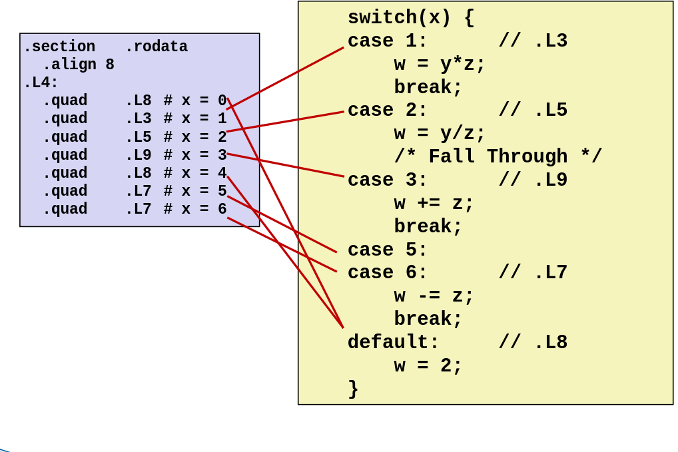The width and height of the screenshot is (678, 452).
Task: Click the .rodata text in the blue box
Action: tap(156, 47)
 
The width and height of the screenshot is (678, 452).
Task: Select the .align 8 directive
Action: tap(78, 65)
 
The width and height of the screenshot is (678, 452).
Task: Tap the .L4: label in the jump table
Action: tap(41, 83)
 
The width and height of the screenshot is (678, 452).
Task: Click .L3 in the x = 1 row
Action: tap(138, 119)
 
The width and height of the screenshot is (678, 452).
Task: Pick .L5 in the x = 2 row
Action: tap(138, 137)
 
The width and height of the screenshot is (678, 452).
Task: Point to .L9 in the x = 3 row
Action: tap(138, 155)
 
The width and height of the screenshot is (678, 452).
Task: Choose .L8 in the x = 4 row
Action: tap(138, 173)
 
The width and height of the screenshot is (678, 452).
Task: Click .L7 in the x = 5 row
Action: tap(138, 191)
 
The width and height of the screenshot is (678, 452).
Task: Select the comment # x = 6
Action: tap(195, 209)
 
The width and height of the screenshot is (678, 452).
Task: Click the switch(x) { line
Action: tap(410, 18)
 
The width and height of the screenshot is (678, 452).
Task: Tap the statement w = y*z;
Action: tap(440, 65)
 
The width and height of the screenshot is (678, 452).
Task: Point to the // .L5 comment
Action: tap(533, 111)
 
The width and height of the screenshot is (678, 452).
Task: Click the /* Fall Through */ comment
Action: tap(498, 157)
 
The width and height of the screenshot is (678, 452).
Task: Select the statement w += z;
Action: tap(434, 204)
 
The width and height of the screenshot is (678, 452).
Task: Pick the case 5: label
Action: tap(388, 250)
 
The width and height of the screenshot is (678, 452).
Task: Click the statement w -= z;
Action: tap(434, 296)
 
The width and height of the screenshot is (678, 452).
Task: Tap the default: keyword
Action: tap(393, 343)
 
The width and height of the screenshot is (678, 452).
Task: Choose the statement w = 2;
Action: tap(428, 366)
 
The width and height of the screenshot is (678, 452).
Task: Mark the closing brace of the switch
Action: tap(353, 389)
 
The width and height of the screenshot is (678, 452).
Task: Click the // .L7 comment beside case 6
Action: tap(533, 273)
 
